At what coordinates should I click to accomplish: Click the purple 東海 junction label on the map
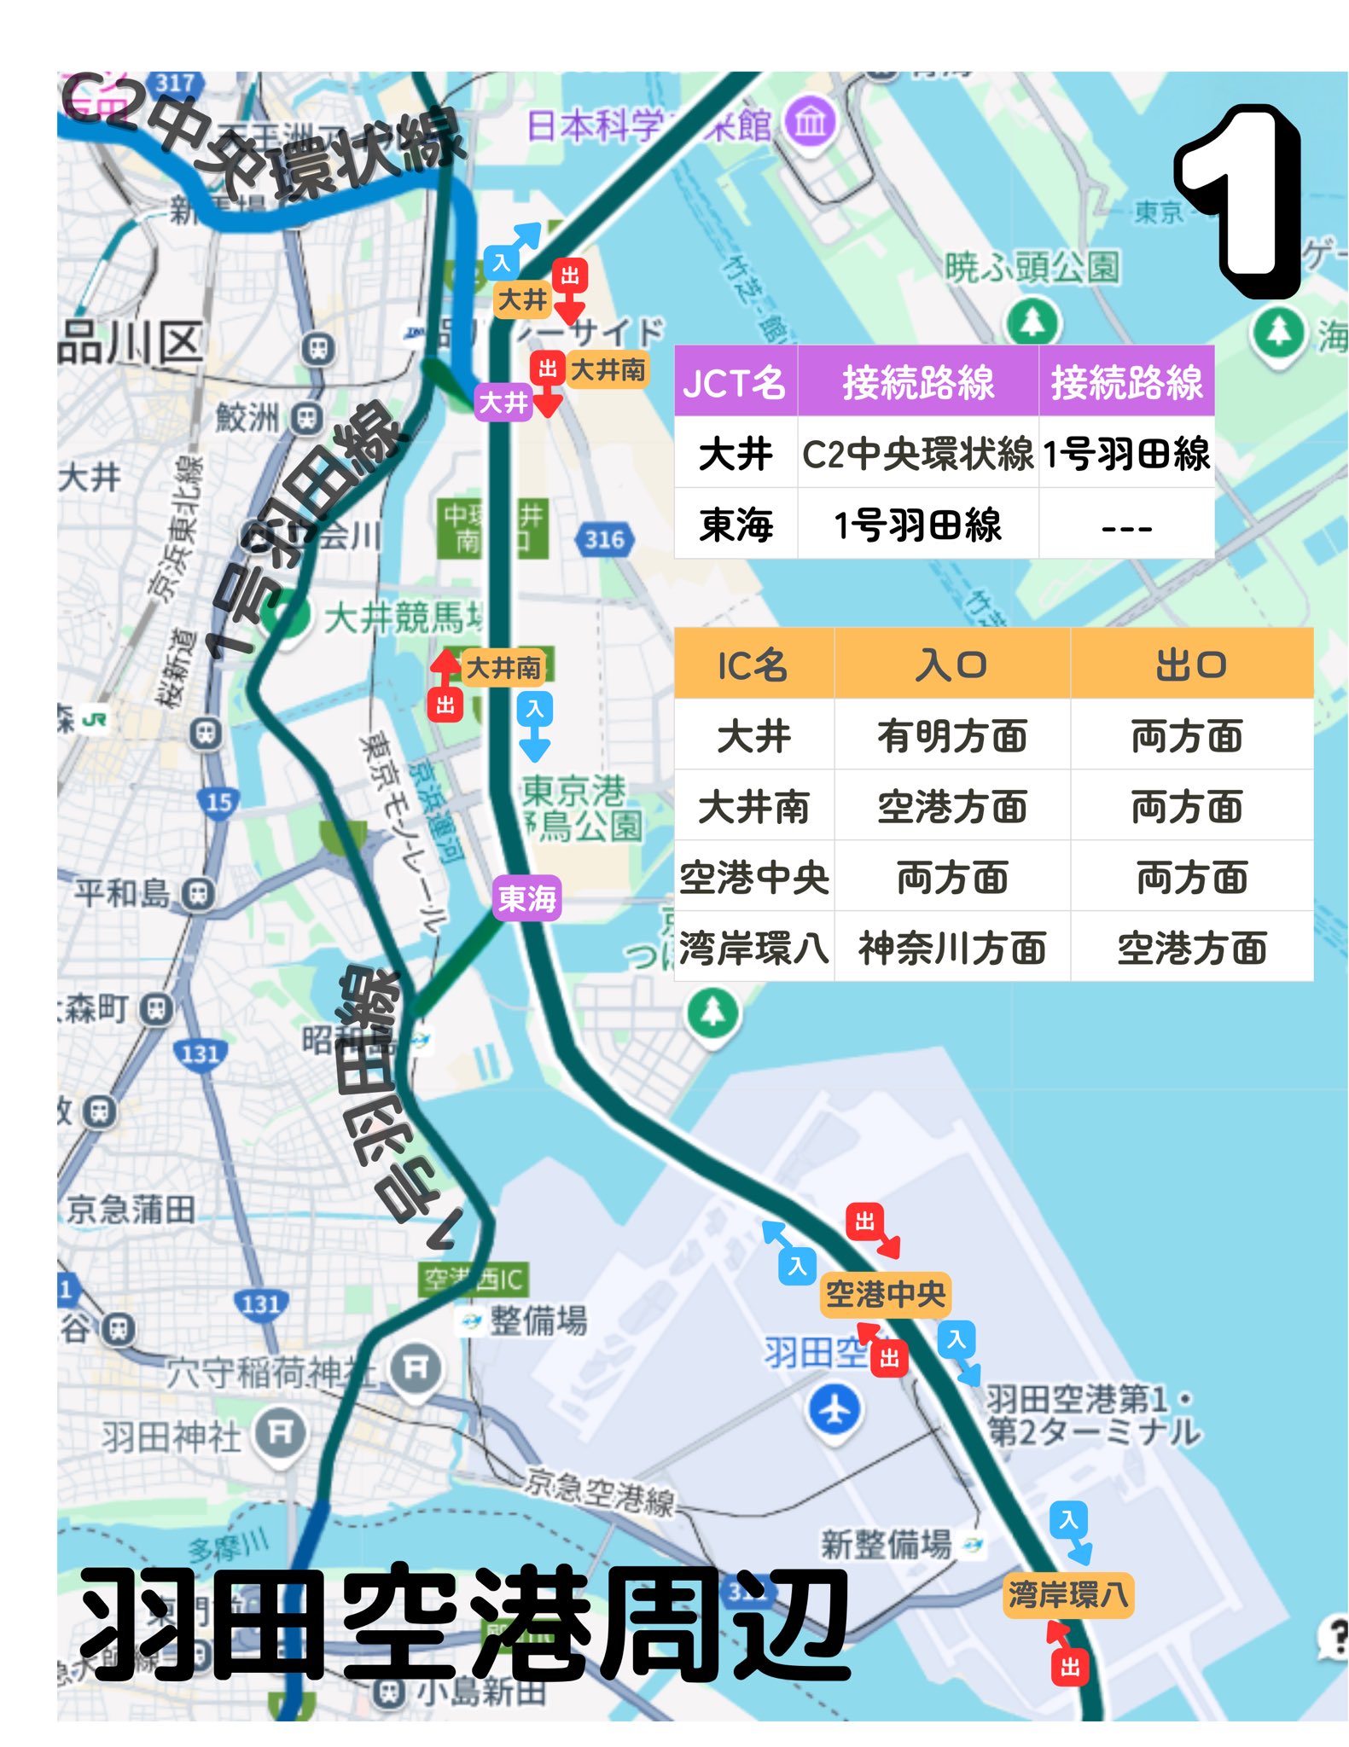point(526,898)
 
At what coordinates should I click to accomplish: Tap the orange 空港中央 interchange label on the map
point(885,1294)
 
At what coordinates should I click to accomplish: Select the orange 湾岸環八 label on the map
point(1067,1594)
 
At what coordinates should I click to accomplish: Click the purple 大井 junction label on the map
point(503,402)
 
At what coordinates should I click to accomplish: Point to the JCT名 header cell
point(735,381)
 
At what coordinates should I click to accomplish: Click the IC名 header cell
point(753,665)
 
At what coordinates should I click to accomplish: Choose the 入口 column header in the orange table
point(951,665)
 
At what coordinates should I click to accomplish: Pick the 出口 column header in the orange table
point(1191,665)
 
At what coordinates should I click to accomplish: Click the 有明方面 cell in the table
point(951,735)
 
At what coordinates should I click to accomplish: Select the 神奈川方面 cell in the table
point(951,948)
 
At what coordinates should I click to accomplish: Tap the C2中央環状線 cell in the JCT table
point(917,453)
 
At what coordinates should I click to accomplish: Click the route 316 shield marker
point(604,539)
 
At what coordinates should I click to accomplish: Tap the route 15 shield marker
point(218,802)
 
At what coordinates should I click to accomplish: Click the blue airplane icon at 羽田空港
point(834,1409)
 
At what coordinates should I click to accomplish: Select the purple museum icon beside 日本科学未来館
point(810,123)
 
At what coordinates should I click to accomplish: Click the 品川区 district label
point(130,343)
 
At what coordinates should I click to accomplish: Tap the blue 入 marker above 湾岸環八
point(1068,1519)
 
